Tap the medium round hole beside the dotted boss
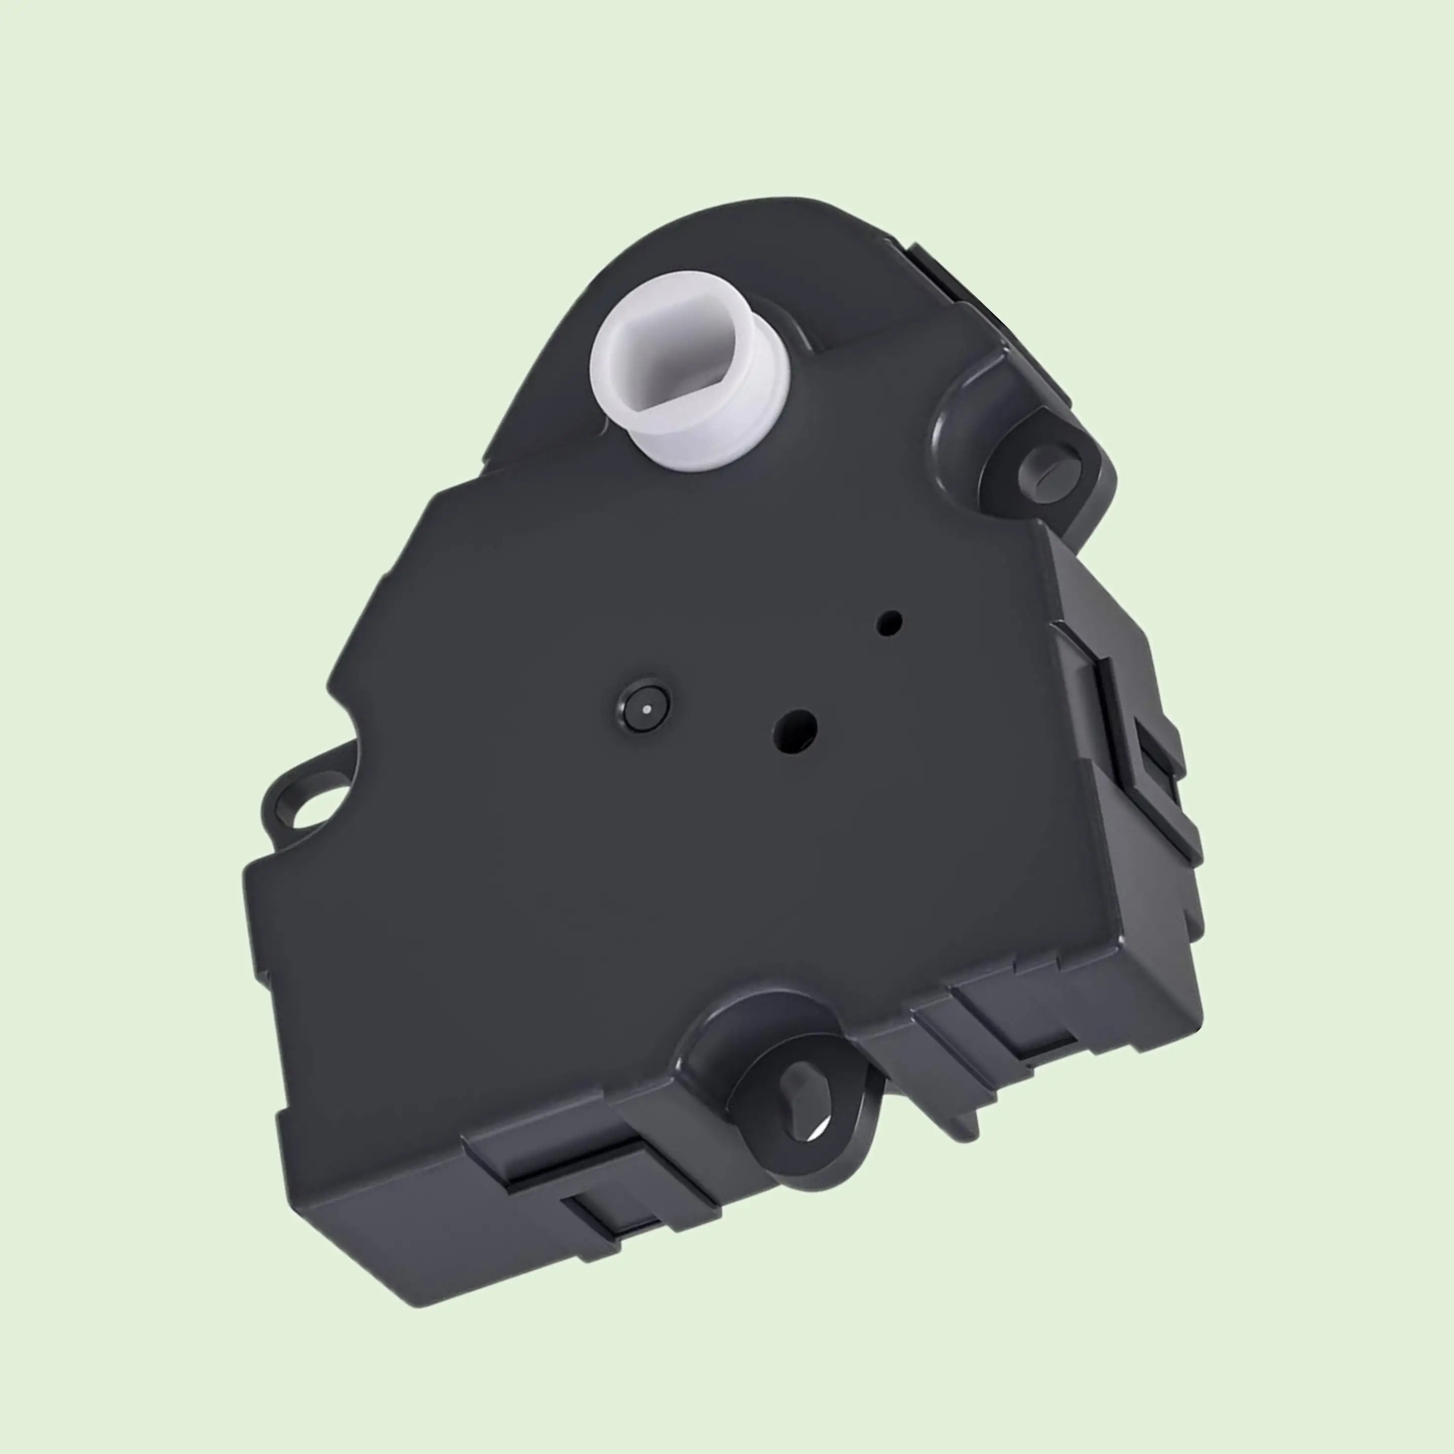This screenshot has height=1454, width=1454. [x=796, y=729]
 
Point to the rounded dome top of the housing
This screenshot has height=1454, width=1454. [x=753, y=226]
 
